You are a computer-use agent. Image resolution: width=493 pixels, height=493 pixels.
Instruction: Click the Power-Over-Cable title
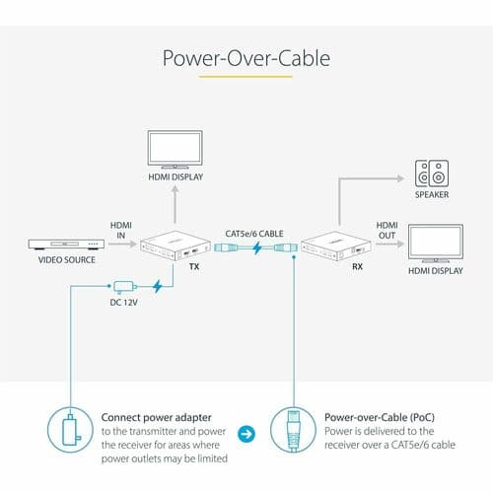(x=246, y=58)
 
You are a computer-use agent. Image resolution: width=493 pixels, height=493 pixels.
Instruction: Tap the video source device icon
(x=66, y=244)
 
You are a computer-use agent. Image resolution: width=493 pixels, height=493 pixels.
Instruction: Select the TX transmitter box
(x=176, y=246)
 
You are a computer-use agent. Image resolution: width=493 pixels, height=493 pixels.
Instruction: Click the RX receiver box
(x=336, y=246)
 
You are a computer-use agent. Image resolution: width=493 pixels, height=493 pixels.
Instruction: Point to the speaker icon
(x=432, y=174)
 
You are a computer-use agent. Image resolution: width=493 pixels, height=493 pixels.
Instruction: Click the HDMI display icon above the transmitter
(x=175, y=150)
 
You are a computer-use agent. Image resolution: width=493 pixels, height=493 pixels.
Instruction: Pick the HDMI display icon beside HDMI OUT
(x=436, y=244)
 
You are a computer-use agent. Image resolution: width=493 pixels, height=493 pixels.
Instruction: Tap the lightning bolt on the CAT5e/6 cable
(x=257, y=247)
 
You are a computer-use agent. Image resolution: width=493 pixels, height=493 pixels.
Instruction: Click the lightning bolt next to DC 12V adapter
(x=158, y=286)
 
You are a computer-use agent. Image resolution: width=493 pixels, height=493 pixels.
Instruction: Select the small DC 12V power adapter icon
(x=124, y=287)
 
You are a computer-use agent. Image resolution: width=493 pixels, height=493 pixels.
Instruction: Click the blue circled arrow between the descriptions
(x=246, y=434)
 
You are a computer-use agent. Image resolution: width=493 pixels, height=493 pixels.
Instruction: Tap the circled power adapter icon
(x=70, y=430)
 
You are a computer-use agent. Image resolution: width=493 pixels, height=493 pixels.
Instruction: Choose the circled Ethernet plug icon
(x=293, y=430)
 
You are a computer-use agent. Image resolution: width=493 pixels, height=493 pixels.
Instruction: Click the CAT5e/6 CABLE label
(x=254, y=234)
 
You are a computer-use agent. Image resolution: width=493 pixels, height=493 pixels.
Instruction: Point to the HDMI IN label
(x=121, y=231)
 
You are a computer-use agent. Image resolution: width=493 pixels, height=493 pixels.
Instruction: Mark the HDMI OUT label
(x=387, y=231)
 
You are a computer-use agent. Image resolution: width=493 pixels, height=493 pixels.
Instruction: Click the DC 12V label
(x=123, y=303)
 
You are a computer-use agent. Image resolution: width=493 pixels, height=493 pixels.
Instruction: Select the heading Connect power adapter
(x=156, y=417)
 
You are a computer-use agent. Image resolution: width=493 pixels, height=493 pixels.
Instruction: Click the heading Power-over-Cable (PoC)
(x=380, y=417)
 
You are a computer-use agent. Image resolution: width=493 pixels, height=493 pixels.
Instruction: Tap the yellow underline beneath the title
(x=246, y=77)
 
